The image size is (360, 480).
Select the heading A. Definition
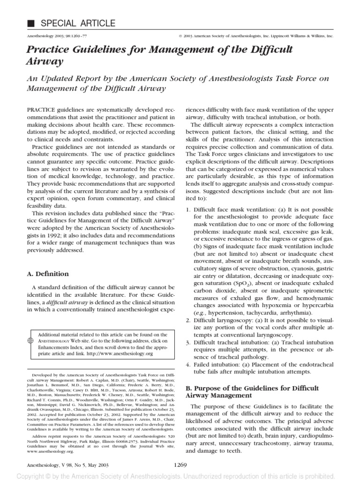pyautogui.click(x=49, y=274)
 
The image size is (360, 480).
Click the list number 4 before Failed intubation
pyautogui.click(x=188, y=364)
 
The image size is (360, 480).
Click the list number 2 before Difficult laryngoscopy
pyautogui.click(x=188, y=320)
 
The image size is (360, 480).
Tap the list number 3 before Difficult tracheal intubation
pyautogui.click(x=188, y=342)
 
